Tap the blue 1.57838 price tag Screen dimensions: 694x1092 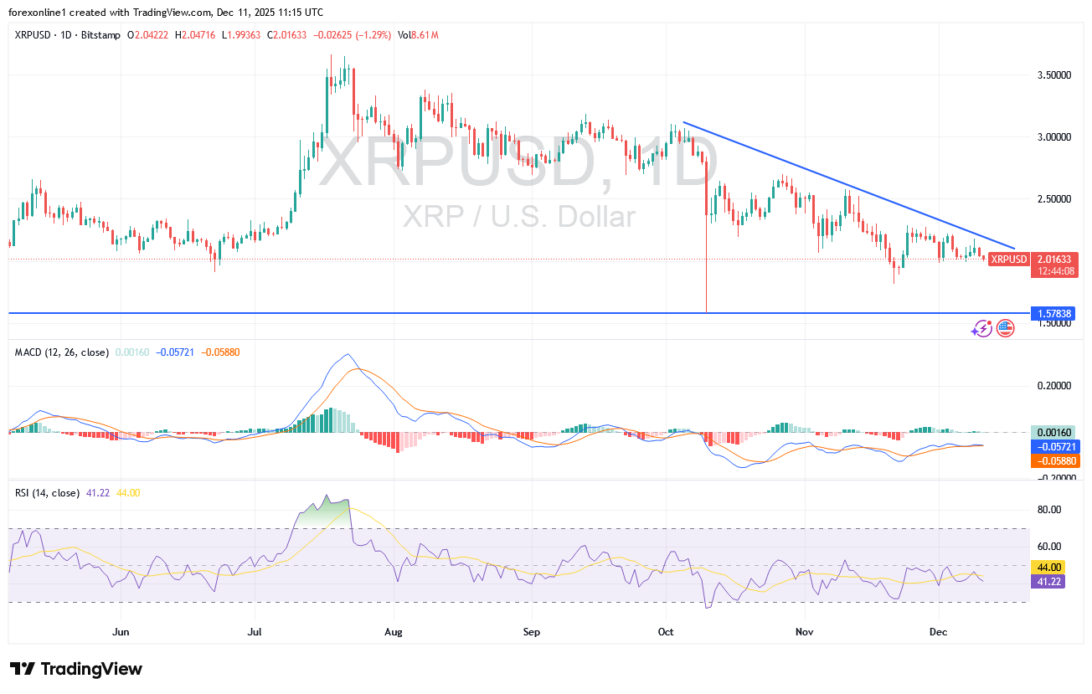point(1053,313)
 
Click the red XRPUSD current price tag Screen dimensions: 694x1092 point(1007,260)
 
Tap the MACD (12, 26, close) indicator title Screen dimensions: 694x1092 point(62,352)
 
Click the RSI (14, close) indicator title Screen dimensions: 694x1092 point(48,493)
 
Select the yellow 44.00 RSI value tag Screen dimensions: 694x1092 point(1048,567)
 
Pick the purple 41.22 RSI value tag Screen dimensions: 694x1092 point(1048,581)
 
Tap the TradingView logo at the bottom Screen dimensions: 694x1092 point(76,669)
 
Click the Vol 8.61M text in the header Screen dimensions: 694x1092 point(419,35)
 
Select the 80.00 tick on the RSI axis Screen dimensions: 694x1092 point(1048,509)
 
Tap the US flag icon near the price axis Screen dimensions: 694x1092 point(1005,329)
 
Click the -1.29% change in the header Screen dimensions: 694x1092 point(374,35)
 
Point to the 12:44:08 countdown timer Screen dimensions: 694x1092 point(1053,270)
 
